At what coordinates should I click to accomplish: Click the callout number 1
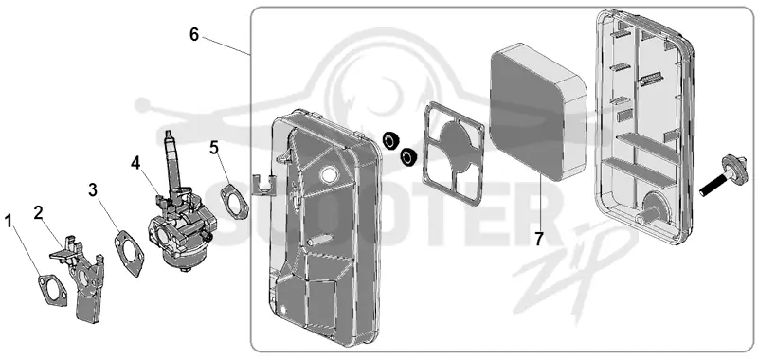[x=9, y=222]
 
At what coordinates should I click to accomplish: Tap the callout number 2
[x=39, y=212]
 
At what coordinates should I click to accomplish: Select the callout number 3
[x=93, y=190]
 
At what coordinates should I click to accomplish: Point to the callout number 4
[x=135, y=163]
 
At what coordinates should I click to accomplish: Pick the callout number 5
[x=215, y=148]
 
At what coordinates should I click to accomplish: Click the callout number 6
[x=194, y=35]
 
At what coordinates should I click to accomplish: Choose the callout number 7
[x=539, y=239]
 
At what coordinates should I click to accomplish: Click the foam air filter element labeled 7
[x=537, y=112]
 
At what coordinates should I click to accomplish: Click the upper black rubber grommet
[x=390, y=139]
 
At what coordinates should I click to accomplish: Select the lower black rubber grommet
[x=409, y=156]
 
